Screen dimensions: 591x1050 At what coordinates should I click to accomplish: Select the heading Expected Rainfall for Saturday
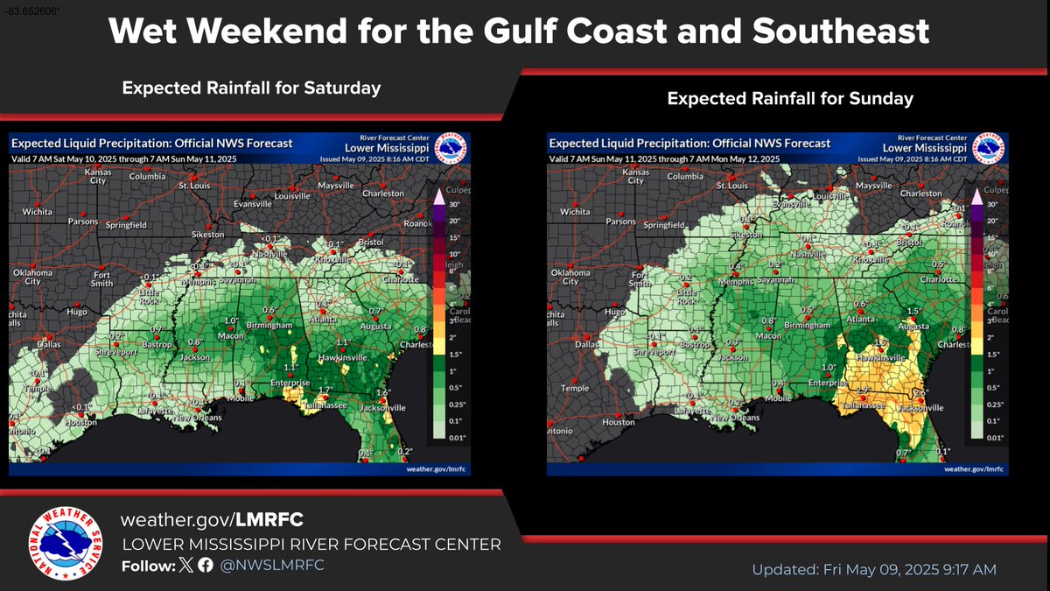click(251, 88)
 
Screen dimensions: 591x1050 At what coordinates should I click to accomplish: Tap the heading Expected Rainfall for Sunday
click(790, 99)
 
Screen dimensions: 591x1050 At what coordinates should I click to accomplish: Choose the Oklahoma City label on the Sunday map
click(570, 277)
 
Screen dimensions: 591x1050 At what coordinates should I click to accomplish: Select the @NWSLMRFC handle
click(272, 565)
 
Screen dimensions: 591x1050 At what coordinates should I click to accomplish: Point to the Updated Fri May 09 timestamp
click(874, 570)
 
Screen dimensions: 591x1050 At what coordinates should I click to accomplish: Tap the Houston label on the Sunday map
click(618, 422)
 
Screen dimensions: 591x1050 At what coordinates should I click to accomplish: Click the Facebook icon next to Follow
click(205, 565)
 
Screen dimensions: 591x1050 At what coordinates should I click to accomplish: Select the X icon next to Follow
click(185, 565)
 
